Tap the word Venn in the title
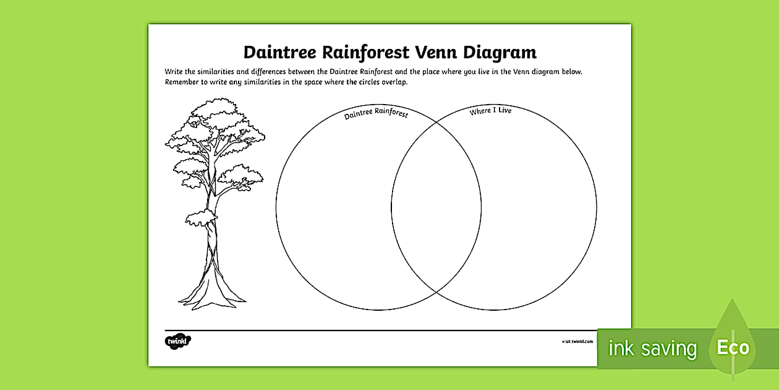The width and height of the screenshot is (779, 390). [x=436, y=51]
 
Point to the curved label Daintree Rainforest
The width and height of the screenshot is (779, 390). [x=376, y=115]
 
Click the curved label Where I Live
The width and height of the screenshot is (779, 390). [x=490, y=111]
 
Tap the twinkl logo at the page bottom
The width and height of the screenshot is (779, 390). [x=178, y=341]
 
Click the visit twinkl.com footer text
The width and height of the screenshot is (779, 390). [x=577, y=341]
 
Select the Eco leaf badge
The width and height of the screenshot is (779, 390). [x=733, y=347]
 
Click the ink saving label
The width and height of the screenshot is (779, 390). [x=652, y=349]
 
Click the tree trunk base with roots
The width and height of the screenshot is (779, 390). [x=211, y=294]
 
